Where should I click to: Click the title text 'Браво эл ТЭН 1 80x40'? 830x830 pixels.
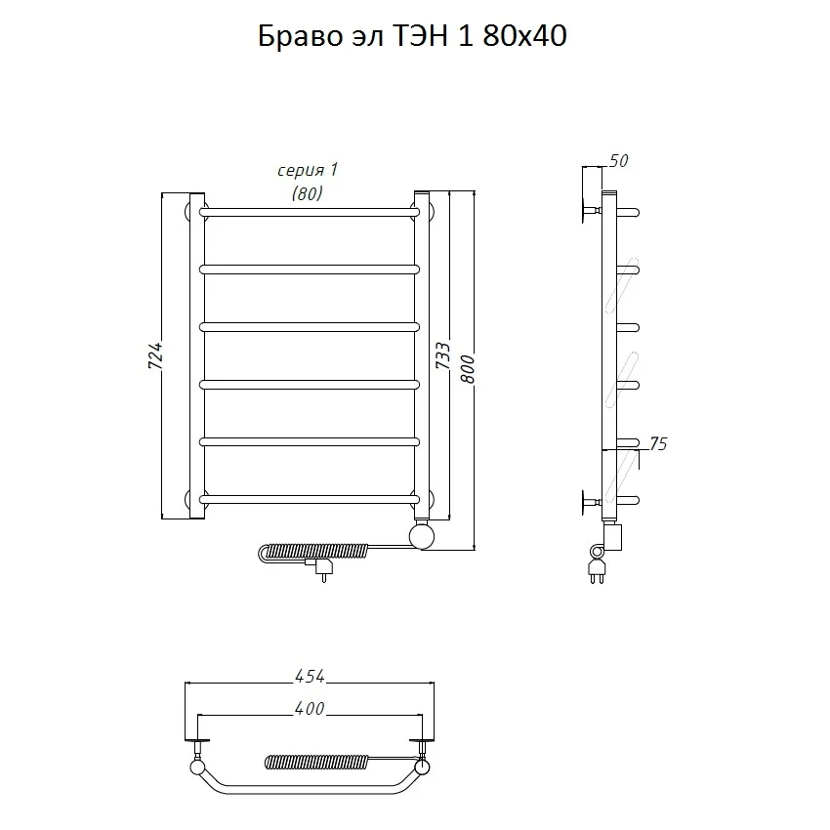412,36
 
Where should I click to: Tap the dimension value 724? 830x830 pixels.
155,355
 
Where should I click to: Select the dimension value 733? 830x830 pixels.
442,355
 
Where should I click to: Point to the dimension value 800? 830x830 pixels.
468,369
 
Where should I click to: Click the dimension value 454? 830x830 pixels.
310,676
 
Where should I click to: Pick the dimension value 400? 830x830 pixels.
310,708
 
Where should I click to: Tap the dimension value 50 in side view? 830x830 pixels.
618,160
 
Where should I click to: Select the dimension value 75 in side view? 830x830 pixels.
658,443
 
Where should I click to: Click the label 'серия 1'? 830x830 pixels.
308,170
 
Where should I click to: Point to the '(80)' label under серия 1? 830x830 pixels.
308,193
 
